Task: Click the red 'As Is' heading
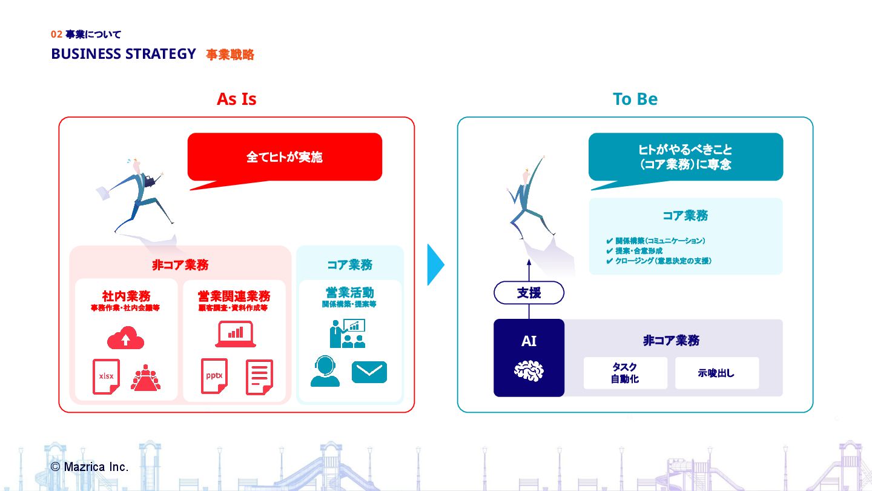[236, 99]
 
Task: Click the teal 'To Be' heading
[635, 99]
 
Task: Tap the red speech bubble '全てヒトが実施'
[285, 157]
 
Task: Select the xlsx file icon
[106, 376]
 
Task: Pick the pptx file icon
[214, 376]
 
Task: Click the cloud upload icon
[125, 338]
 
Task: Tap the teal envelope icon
[369, 372]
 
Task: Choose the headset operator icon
[325, 372]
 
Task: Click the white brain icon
[529, 370]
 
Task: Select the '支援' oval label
[529, 293]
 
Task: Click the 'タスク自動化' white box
[625, 373]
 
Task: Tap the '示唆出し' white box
[716, 373]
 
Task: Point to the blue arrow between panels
[435, 264]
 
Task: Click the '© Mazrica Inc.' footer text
[90, 467]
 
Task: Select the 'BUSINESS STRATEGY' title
[124, 54]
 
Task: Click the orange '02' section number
[56, 35]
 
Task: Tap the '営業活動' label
[349, 293]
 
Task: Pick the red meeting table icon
[145, 378]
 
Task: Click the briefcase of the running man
[149, 180]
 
